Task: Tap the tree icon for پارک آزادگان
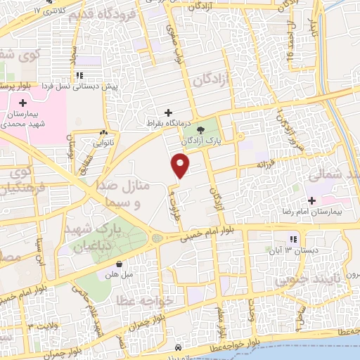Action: click(202, 129)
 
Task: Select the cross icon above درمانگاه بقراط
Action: click(168, 112)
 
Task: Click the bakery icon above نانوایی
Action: click(104, 132)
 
